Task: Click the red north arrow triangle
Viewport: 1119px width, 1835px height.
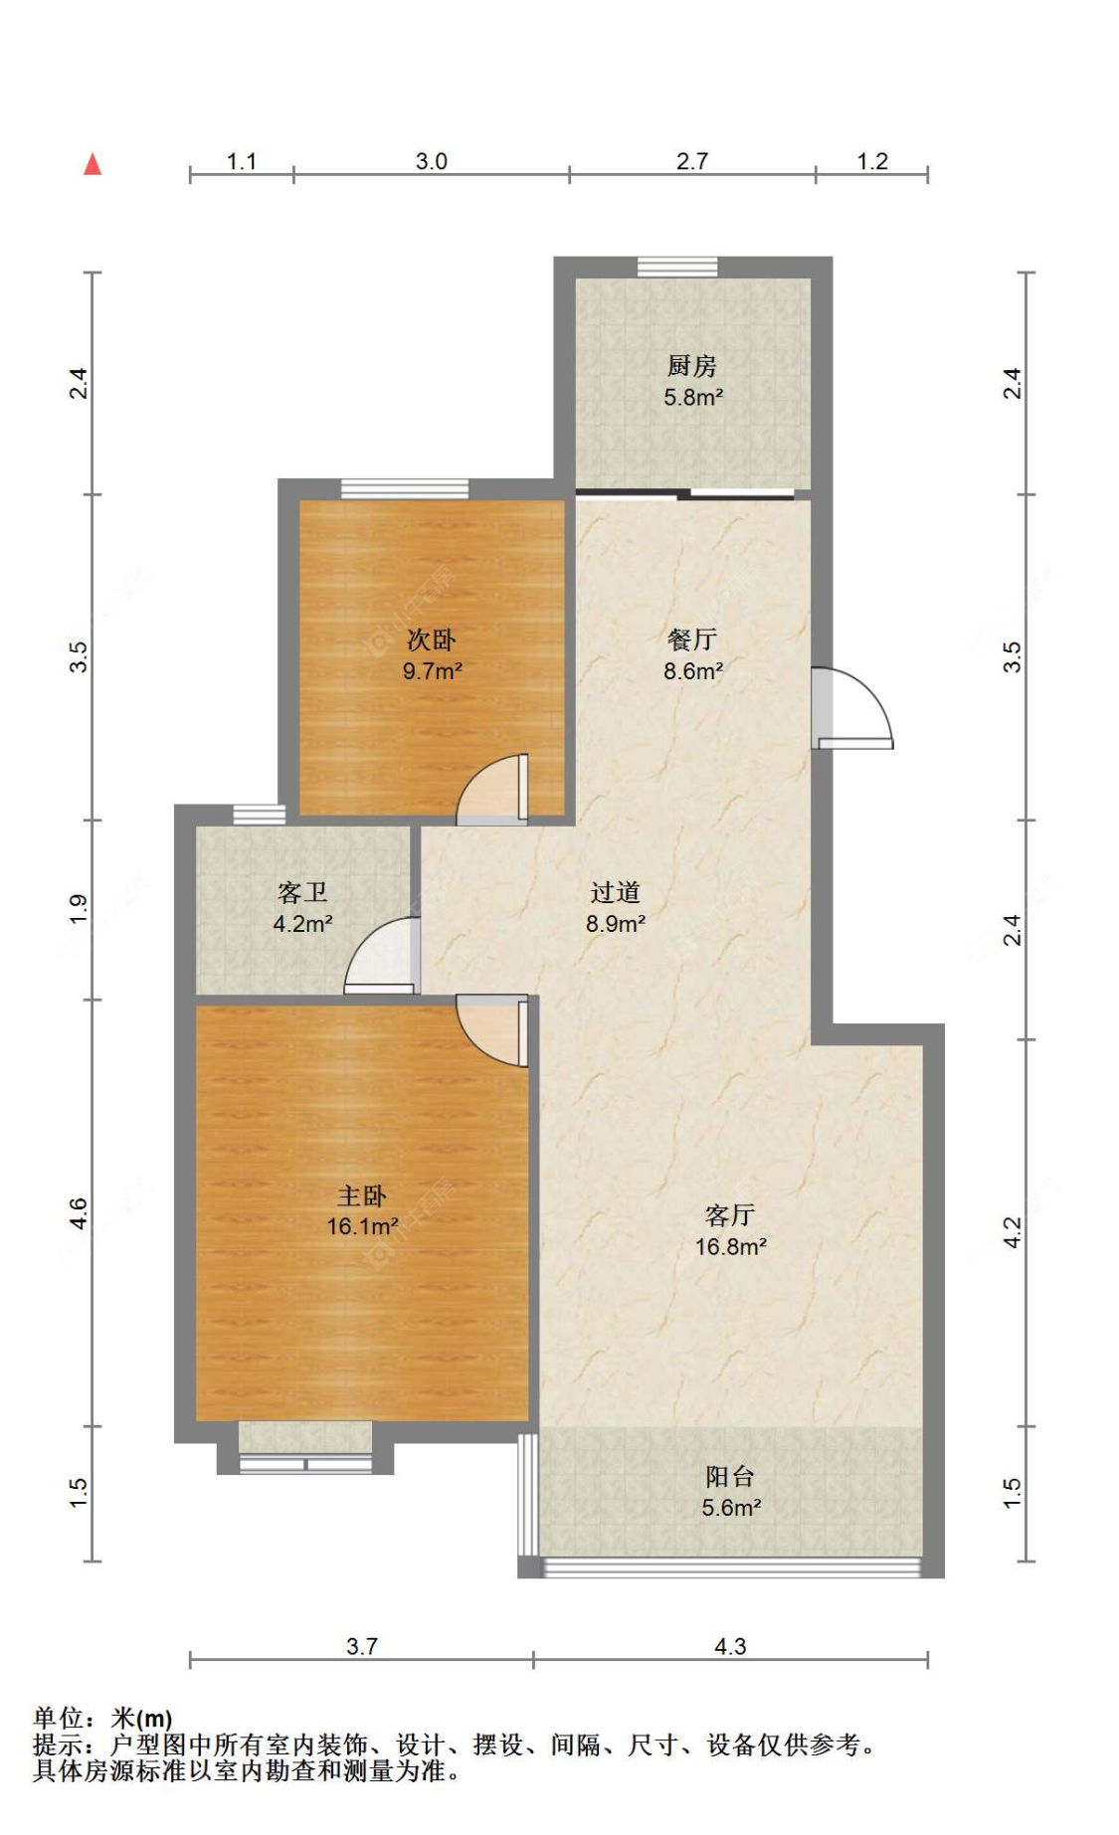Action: coord(93,164)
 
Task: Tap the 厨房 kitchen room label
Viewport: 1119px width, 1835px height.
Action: coord(691,366)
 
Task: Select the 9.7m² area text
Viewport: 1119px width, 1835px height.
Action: coord(432,671)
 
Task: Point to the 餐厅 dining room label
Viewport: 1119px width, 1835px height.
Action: coord(692,640)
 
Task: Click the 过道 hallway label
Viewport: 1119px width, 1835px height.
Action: coord(615,892)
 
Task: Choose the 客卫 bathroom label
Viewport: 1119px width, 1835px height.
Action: coord(302,892)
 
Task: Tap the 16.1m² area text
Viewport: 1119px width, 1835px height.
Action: coord(362,1226)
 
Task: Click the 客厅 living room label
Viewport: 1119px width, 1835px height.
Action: coord(730,1214)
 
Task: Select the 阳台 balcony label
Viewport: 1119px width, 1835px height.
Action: coord(730,1476)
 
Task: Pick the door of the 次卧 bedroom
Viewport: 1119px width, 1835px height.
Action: coord(493,790)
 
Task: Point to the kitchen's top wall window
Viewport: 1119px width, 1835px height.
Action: coord(677,267)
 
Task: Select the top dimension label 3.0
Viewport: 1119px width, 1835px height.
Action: coord(432,161)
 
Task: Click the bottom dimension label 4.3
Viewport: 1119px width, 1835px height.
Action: coord(730,1646)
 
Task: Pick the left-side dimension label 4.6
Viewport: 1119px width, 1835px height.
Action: coord(79,1213)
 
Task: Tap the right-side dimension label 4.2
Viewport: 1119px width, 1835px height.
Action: coord(1012,1233)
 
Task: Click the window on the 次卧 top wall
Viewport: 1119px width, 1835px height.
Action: coord(405,488)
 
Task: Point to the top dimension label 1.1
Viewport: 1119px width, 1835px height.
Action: coord(242,161)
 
